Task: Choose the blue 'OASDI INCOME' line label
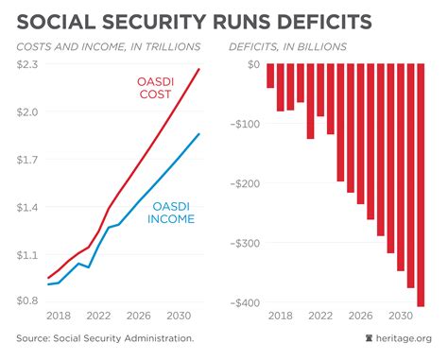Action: coord(171,212)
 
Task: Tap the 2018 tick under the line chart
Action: coord(59,317)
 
